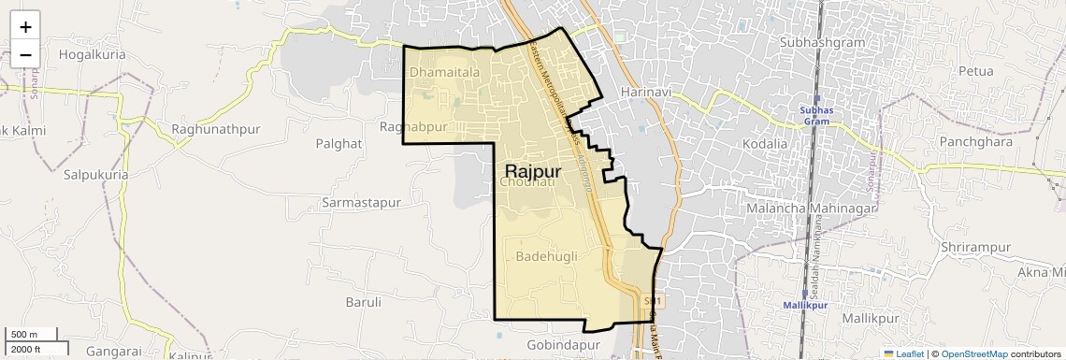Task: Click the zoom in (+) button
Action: tap(25, 27)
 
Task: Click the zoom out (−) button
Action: tap(25, 54)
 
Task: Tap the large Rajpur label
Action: tap(533, 171)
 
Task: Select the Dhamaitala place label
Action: tap(444, 71)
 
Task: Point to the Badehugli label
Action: tap(547, 256)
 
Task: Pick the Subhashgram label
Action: tap(820, 43)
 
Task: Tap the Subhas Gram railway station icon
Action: tap(816, 98)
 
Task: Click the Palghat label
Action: tap(339, 143)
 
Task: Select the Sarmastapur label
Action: tap(361, 203)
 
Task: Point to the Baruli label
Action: tap(364, 302)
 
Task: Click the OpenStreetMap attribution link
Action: tap(973, 353)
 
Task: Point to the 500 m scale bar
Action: tap(33, 335)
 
